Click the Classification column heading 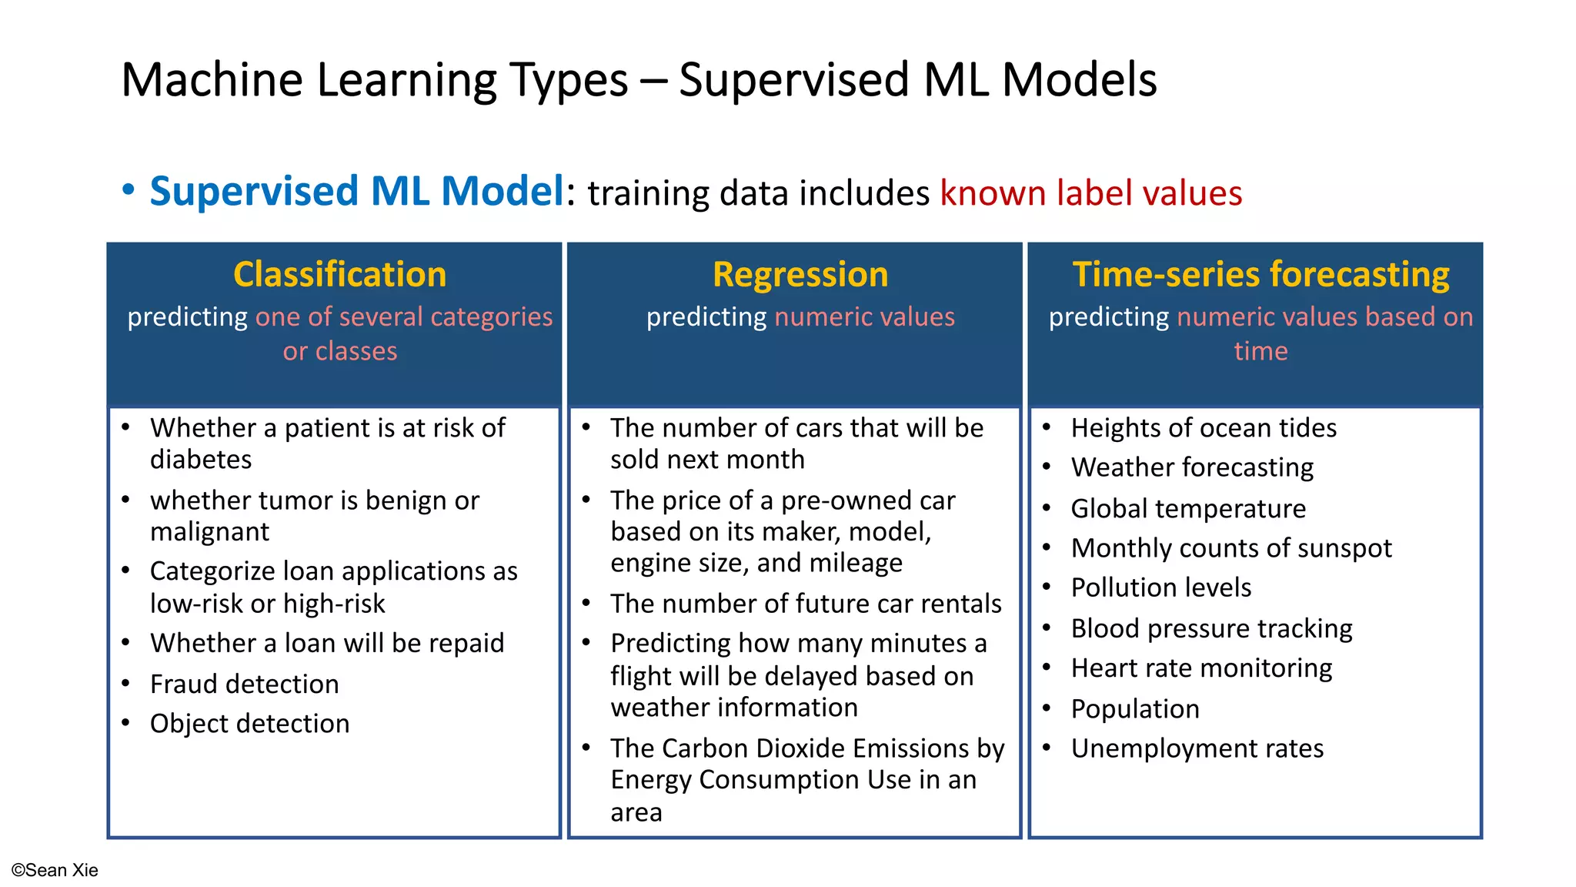click(x=339, y=275)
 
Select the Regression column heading click(x=800, y=275)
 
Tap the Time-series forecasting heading click(x=1260, y=275)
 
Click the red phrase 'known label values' click(x=1090, y=193)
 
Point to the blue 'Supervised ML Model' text click(x=357, y=192)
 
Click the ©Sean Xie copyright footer click(x=55, y=870)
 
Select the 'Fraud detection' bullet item click(x=244, y=684)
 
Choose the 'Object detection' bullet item click(x=249, y=724)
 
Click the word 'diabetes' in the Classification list click(x=201, y=460)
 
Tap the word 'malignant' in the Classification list click(x=209, y=532)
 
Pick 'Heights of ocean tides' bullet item click(x=1203, y=428)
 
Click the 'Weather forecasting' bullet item click(x=1192, y=467)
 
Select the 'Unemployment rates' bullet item click(x=1197, y=748)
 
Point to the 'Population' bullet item click(x=1135, y=709)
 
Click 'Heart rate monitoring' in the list click(x=1201, y=668)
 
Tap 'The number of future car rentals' click(x=806, y=604)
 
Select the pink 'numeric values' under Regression click(x=864, y=317)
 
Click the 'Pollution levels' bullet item click(x=1160, y=588)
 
